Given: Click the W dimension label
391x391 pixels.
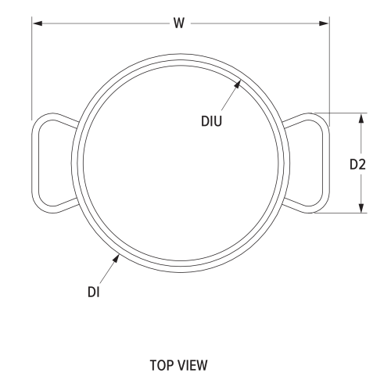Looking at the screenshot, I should tap(179, 23).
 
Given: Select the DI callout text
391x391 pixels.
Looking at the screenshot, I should tap(94, 292).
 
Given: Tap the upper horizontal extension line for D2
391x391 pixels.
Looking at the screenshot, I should tap(344, 113).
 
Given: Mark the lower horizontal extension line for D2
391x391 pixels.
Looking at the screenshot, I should tap(344, 213).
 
